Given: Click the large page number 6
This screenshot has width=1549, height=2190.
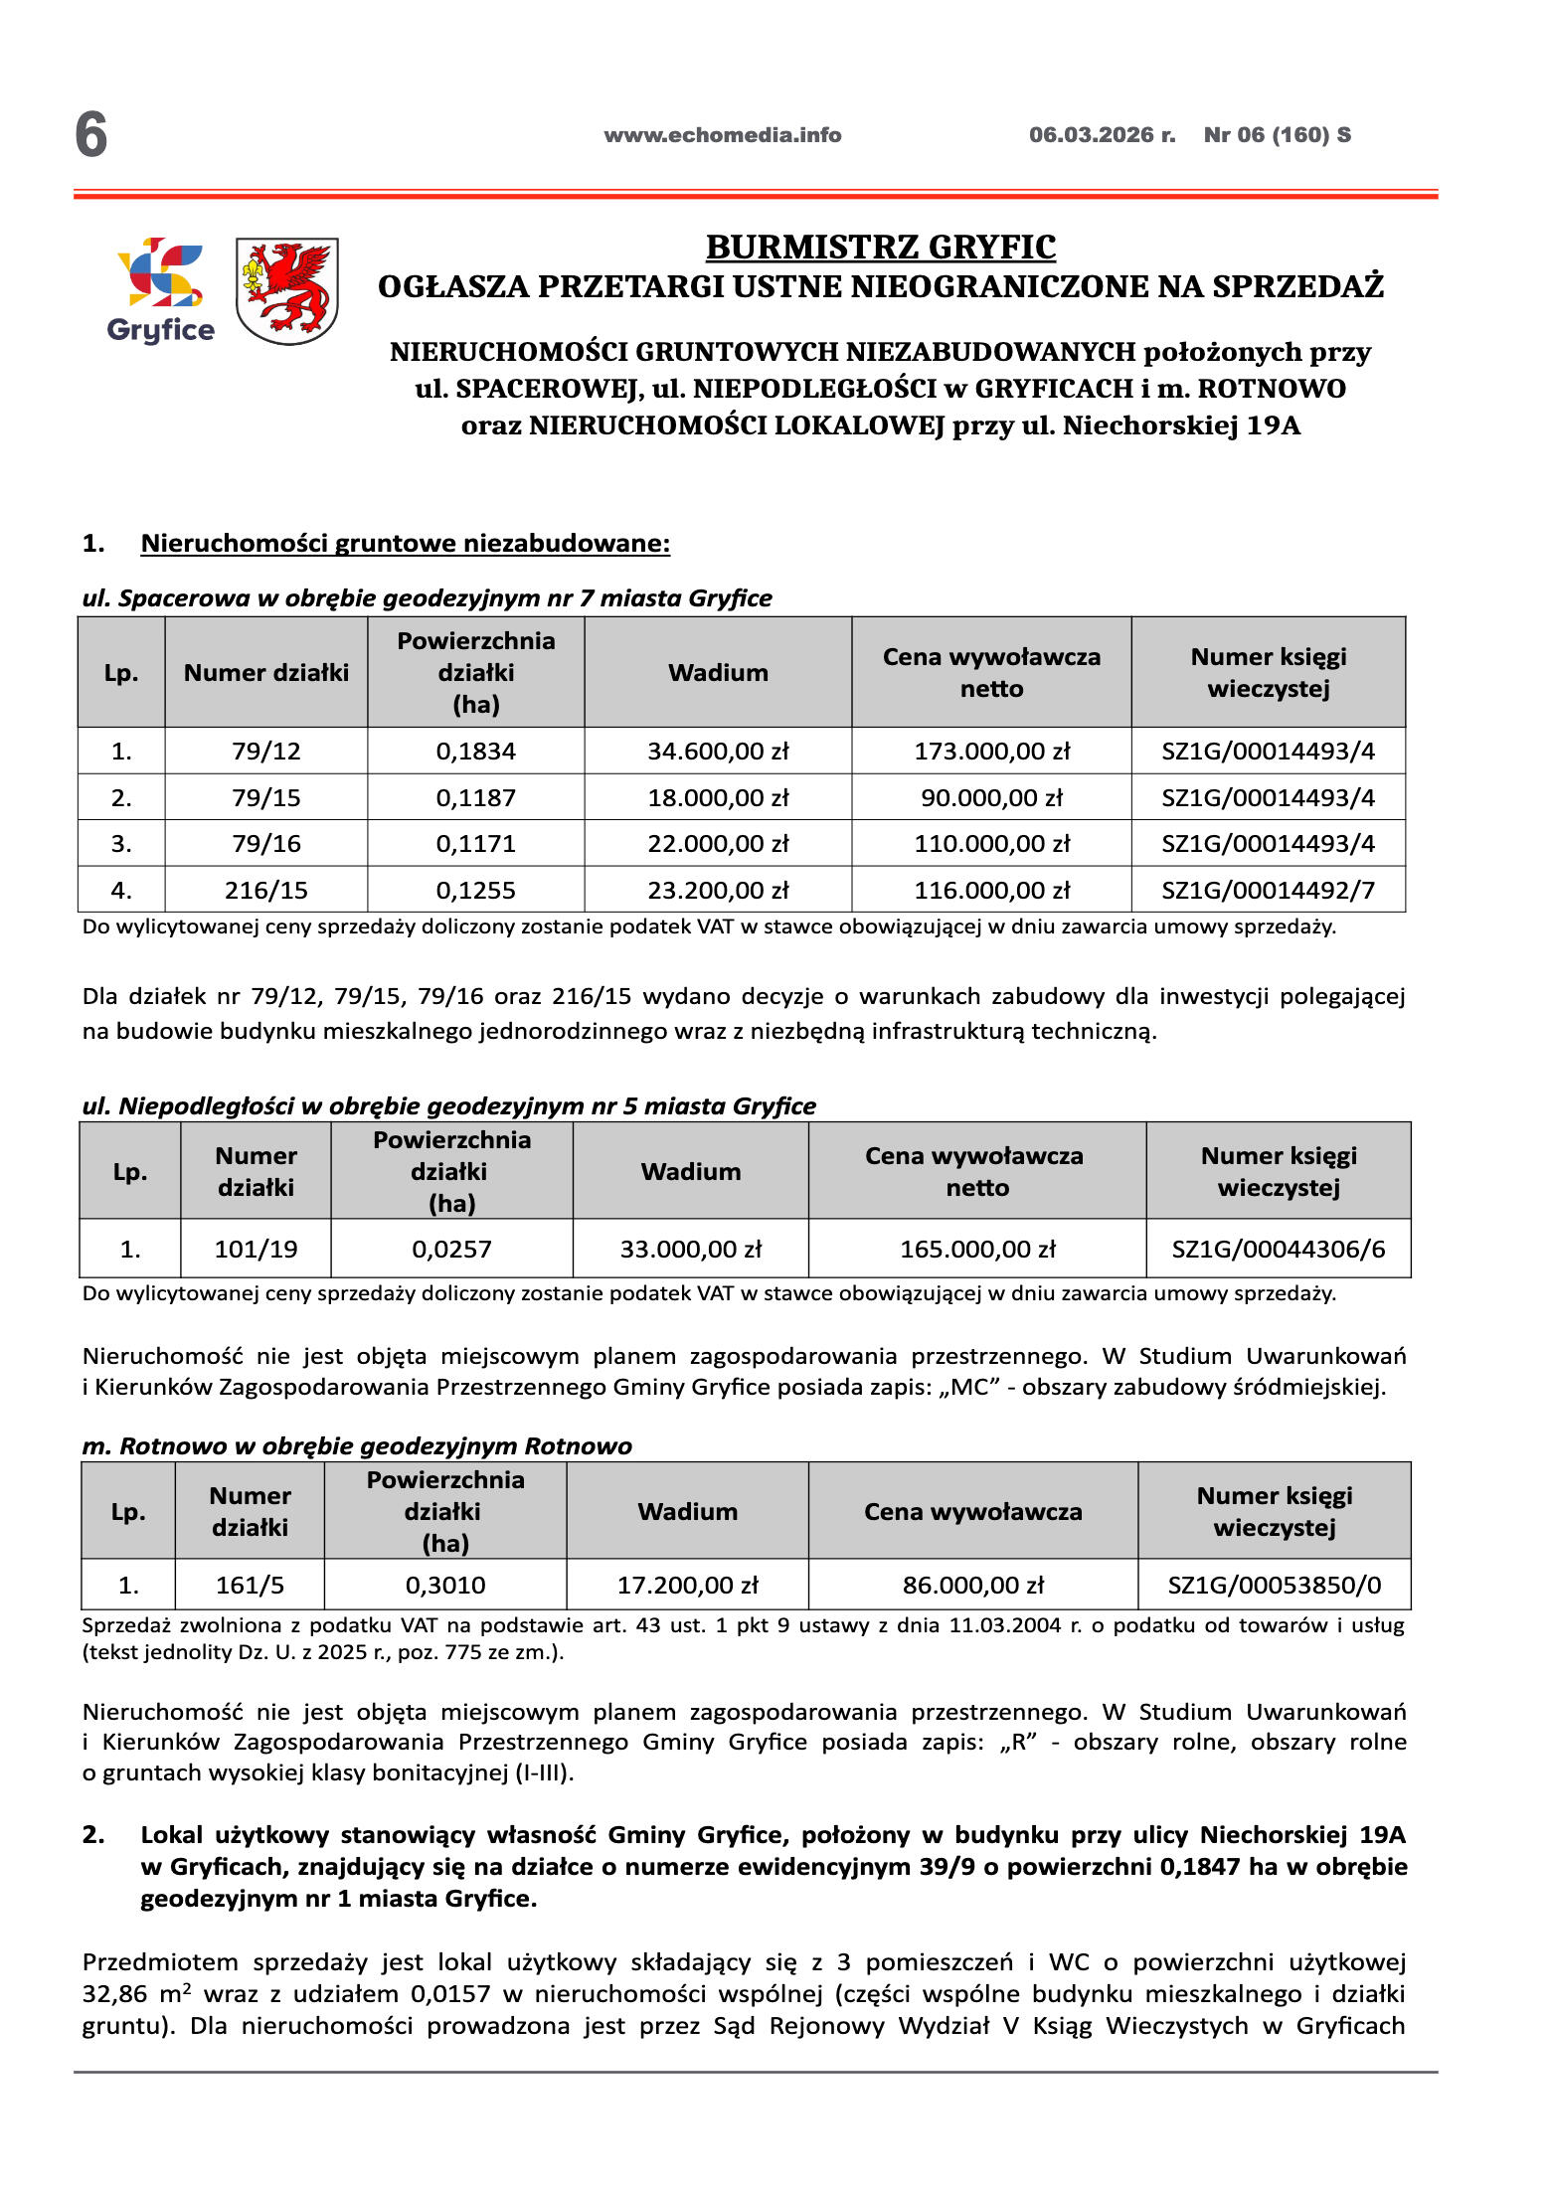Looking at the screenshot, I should click(x=91, y=135).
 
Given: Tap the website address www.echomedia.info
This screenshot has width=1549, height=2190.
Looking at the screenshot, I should click(x=722, y=135).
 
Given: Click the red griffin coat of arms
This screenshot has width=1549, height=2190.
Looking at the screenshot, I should click(x=287, y=290).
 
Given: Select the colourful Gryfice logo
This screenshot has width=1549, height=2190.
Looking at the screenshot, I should click(x=160, y=289).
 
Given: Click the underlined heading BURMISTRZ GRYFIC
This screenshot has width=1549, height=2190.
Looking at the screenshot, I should click(x=880, y=247).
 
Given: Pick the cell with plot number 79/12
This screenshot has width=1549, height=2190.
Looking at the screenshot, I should click(x=266, y=751).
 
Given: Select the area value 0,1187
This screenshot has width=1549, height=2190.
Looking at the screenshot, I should click(x=475, y=797).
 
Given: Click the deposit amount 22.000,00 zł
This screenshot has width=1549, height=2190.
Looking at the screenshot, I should click(x=718, y=843).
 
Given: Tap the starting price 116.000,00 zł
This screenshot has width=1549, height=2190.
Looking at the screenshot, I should click(x=991, y=890).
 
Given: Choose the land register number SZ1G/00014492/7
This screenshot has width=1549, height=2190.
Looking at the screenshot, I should click(x=1268, y=890).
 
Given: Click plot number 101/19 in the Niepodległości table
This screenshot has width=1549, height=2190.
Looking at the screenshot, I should click(x=256, y=1249).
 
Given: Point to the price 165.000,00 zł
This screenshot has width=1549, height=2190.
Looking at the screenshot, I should click(x=977, y=1249).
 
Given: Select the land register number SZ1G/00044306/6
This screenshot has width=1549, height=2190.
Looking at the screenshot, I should click(x=1278, y=1249).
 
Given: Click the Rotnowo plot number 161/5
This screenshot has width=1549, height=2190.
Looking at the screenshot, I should click(x=250, y=1585).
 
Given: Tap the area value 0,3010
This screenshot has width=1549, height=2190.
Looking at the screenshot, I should click(x=444, y=1585).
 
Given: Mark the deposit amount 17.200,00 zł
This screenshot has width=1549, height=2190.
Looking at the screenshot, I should click(x=687, y=1585).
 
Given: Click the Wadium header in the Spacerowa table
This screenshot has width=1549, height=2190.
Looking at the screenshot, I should click(x=718, y=673).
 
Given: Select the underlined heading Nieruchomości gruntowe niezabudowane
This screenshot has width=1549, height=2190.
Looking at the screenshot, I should click(x=406, y=543).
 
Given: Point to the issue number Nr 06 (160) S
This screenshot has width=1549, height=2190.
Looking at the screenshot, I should click(x=1277, y=135).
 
